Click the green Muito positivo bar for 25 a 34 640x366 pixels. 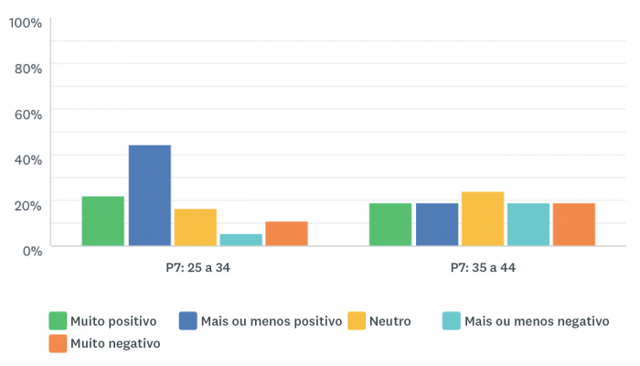(102, 221)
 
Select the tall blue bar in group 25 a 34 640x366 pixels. (149, 196)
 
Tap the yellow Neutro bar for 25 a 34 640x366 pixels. (195, 228)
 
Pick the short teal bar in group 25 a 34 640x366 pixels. (240, 240)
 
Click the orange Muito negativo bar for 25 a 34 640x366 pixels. (286, 234)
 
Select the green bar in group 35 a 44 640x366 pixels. (390, 225)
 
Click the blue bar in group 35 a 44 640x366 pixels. (436, 225)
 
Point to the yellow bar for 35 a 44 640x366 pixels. (482, 220)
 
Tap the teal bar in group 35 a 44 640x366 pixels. (528, 225)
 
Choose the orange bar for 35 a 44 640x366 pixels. (573, 225)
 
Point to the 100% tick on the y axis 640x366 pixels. (25, 22)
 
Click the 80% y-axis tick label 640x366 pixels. (28, 68)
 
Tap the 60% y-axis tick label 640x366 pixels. (28, 113)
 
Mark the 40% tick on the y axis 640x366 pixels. (28, 159)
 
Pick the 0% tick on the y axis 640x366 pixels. (32, 250)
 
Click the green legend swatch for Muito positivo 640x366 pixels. (59, 321)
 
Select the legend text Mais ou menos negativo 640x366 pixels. (536, 321)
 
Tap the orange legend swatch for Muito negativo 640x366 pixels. (59, 343)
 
